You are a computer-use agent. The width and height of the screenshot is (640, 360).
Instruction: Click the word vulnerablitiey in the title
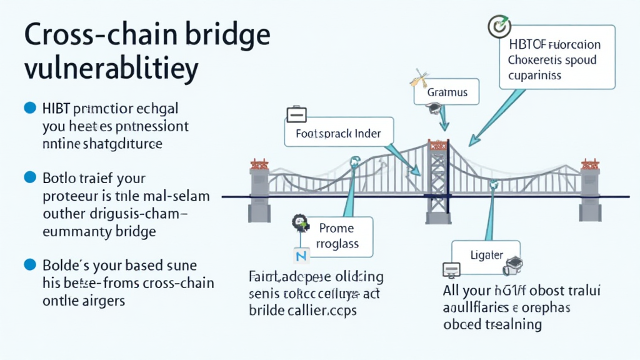pyautogui.click(x=111, y=69)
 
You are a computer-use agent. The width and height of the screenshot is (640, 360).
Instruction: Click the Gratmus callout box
pyautogui.click(x=447, y=92)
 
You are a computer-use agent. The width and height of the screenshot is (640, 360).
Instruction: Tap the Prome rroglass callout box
pyautogui.click(x=336, y=236)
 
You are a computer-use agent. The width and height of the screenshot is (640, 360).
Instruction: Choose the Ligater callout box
pyautogui.click(x=486, y=255)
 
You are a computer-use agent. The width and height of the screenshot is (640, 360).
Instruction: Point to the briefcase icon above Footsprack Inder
pyautogui.click(x=295, y=115)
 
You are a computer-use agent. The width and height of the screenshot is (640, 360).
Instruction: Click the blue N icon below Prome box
pyautogui.click(x=300, y=256)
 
